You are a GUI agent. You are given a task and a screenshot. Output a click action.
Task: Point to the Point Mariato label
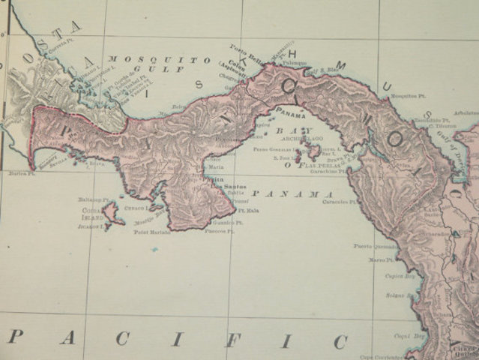pos(152,232)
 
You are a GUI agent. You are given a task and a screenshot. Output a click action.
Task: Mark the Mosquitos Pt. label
pos(405,97)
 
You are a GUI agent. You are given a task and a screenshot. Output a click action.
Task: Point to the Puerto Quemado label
pos(373,245)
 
